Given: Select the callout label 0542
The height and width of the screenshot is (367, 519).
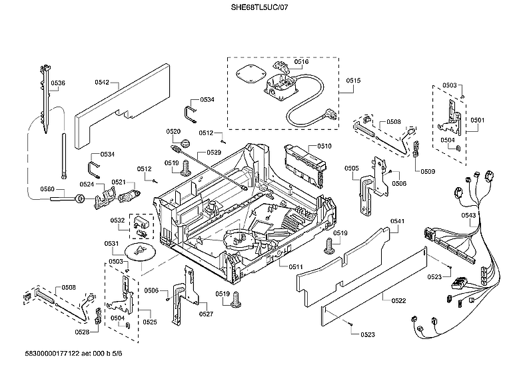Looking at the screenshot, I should [x=102, y=83].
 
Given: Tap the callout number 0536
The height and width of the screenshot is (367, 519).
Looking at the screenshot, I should [x=58, y=83].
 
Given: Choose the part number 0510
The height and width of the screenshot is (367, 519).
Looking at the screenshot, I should [x=324, y=146].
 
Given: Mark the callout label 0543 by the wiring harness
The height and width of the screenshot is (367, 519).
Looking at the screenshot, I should [x=468, y=215].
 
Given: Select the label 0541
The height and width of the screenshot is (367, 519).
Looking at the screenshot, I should [x=397, y=221].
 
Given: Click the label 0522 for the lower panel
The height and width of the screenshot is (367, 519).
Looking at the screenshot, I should [x=398, y=301].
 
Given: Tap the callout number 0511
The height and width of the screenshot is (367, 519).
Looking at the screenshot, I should [x=296, y=266].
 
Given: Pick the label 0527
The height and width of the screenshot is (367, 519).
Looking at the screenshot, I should [x=206, y=314].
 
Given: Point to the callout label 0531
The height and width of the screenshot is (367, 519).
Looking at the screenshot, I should [x=111, y=243].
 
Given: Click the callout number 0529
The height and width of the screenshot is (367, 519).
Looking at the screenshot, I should [x=214, y=153].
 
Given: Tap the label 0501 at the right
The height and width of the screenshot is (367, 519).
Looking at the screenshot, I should [x=477, y=120].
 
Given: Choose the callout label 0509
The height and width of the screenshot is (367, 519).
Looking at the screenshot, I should [x=427, y=171].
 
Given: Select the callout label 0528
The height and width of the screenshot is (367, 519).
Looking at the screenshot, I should [x=82, y=332].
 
